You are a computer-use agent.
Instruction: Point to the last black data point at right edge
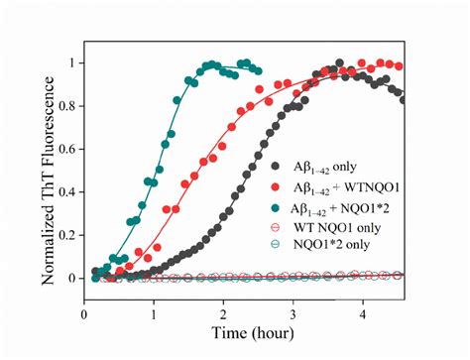pyautogui.click(x=402, y=99)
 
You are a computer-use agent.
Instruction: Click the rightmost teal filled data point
pyautogui.click(x=258, y=71)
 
